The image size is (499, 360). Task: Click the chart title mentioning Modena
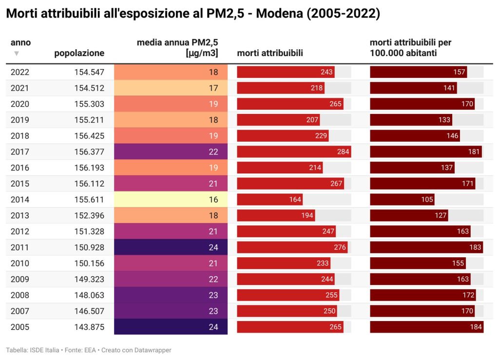click(192, 14)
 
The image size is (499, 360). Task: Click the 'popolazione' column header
click(79, 53)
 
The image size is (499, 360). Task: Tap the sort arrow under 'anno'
click(17, 53)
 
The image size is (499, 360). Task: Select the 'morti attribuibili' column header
click(270, 53)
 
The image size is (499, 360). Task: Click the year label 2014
click(20, 200)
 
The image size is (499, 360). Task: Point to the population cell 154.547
click(89, 72)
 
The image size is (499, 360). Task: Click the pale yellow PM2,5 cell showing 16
click(171, 200)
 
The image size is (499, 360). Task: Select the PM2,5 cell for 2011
click(171, 247)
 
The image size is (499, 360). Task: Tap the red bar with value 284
click(294, 152)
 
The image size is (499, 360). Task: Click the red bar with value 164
click(269, 200)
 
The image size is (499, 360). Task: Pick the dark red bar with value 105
click(402, 200)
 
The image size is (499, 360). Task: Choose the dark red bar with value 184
click(426, 327)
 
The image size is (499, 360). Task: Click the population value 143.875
click(89, 327)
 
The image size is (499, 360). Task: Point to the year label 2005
click(20, 327)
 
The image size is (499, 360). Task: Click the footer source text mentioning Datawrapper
click(89, 350)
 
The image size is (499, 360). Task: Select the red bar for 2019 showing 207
click(278, 120)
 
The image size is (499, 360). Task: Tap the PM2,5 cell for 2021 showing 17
click(171, 88)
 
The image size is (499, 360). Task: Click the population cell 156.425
click(89, 136)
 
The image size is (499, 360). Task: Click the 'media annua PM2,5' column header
click(177, 48)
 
